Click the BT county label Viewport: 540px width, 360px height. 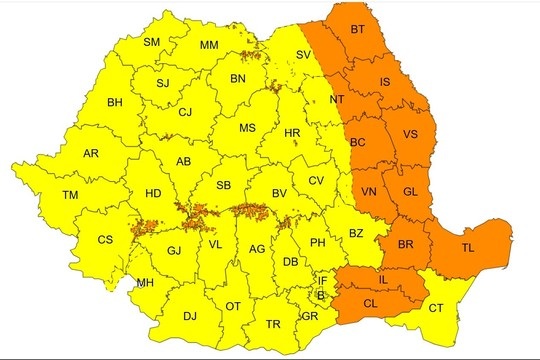(x=358, y=31)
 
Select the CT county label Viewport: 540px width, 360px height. (x=436, y=308)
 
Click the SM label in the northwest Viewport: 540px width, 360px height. (x=152, y=42)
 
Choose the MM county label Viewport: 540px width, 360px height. (x=209, y=46)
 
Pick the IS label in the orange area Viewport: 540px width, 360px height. (x=386, y=82)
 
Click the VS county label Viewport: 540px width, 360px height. (x=410, y=134)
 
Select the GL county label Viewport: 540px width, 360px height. (x=410, y=191)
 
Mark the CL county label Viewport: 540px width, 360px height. (x=370, y=302)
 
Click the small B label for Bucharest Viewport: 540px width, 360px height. (x=320, y=295)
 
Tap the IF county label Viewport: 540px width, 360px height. (x=322, y=281)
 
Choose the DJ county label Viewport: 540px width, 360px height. (x=189, y=316)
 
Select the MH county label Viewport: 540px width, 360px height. (x=146, y=284)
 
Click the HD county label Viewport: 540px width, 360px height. (x=153, y=194)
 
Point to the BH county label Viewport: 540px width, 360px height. (x=115, y=102)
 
